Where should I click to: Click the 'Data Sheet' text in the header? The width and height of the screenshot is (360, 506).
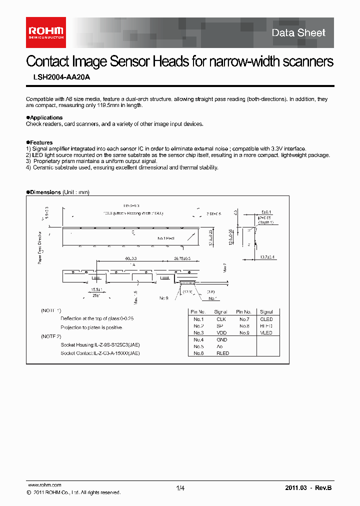(298, 33)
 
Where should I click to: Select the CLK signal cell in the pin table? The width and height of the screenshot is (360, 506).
(221, 319)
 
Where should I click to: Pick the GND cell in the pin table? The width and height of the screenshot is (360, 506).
(221, 339)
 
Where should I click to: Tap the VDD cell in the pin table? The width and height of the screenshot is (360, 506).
(221, 332)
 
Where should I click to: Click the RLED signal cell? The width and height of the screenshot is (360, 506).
(222, 353)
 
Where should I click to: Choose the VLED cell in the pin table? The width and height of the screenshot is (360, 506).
(266, 332)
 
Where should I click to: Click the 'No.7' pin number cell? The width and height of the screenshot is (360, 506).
(243, 319)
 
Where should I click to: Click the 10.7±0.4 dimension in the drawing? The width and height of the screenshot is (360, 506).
(268, 257)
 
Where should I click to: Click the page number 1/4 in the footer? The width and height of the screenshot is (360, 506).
(180, 488)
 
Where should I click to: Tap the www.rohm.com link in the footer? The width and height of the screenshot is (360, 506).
(43, 485)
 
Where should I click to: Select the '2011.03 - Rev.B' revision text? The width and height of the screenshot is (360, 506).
(308, 488)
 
